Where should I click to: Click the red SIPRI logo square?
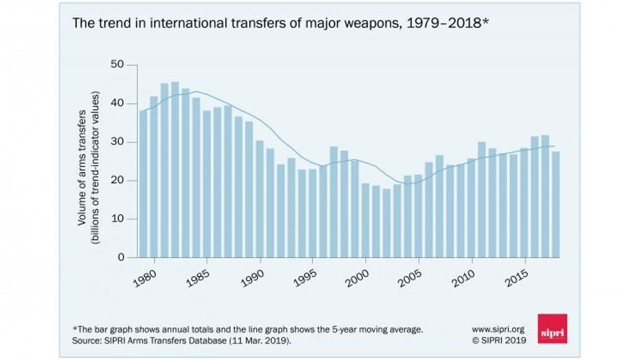click(x=552, y=328)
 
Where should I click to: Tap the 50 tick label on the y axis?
click(x=117, y=65)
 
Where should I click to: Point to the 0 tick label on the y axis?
click(x=120, y=258)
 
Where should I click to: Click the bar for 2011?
click(x=481, y=200)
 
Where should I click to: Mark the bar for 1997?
click(x=334, y=202)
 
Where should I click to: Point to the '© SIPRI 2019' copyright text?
click(x=499, y=341)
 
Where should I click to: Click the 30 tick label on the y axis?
click(x=117, y=142)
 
